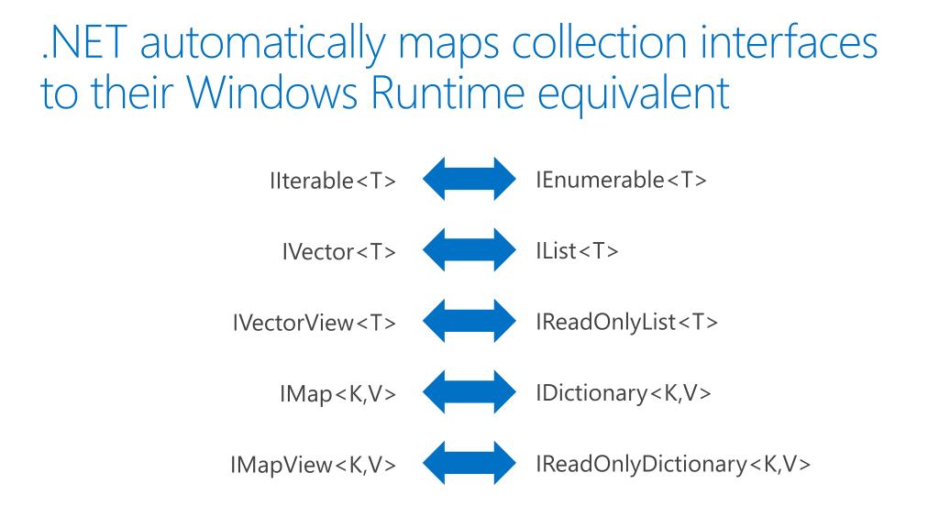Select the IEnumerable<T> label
point(621,180)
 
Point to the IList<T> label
point(577,251)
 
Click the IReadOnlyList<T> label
point(626,322)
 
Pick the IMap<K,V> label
point(339,395)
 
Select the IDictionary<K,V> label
point(624,393)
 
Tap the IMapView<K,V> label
point(314,467)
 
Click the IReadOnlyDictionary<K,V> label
point(673,465)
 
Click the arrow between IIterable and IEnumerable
point(468,179)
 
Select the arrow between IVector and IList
point(468,250)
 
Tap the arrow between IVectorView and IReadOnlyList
point(468,322)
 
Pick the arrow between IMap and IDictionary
point(468,393)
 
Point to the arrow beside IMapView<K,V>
point(468,465)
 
